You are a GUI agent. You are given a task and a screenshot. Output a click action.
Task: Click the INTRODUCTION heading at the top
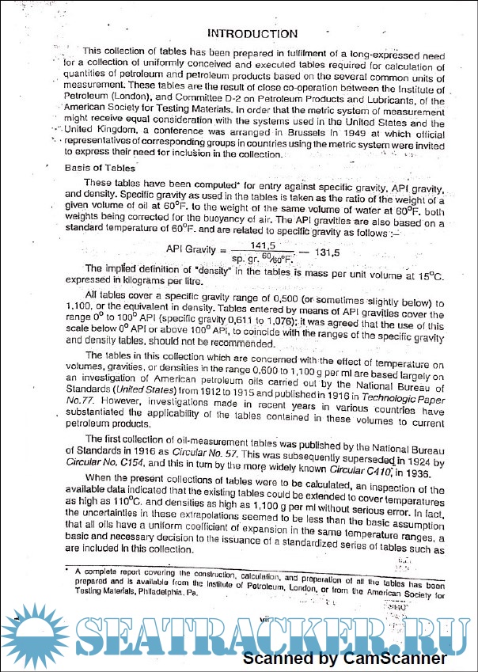(252, 33)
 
